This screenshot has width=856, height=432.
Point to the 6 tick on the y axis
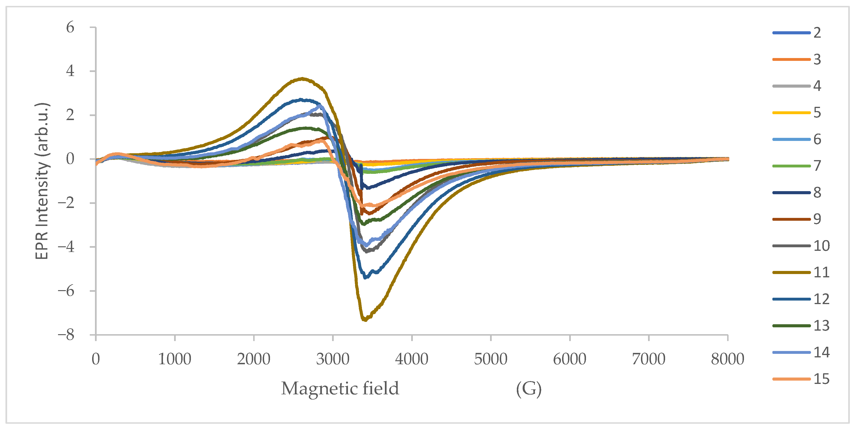(x=70, y=27)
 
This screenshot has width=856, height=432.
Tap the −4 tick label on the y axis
(x=66, y=247)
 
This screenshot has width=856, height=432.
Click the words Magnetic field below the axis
(x=340, y=388)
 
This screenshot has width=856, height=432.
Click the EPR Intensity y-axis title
(x=42, y=181)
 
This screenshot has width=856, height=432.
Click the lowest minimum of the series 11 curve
(x=365, y=320)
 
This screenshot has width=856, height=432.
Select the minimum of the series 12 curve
(x=365, y=278)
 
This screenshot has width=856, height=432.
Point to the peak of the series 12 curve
(x=301, y=99)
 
